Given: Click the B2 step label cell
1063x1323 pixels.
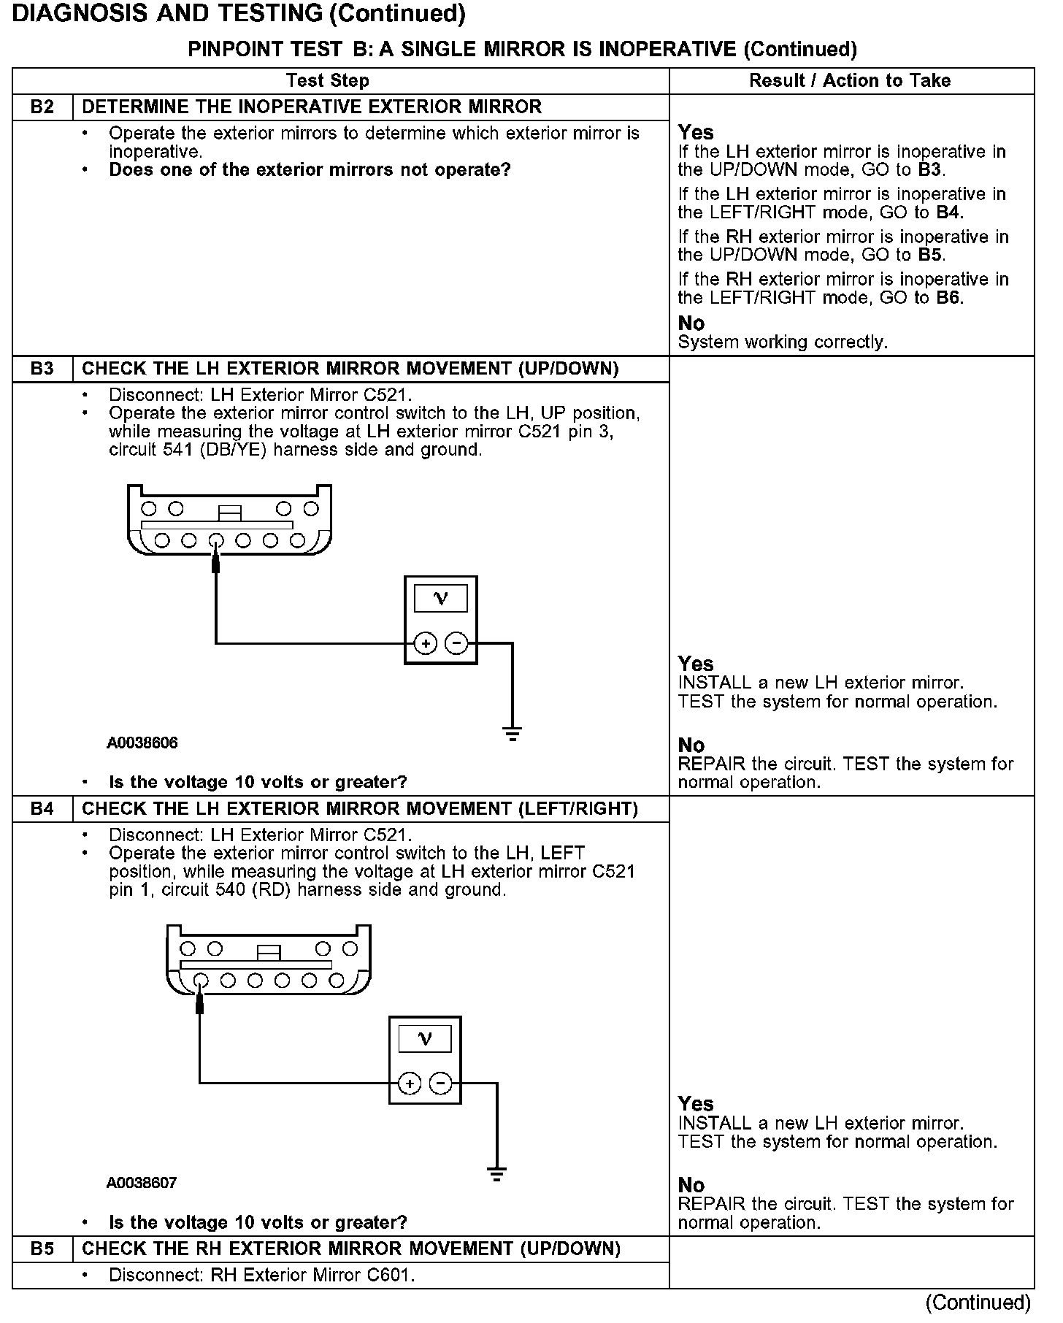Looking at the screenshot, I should (42, 107).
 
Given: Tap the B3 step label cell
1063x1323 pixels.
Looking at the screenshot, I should (42, 369).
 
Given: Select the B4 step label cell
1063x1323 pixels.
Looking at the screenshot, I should (42, 809).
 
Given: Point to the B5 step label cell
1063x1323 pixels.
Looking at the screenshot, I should (42, 1249).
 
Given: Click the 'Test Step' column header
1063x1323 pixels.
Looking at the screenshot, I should (328, 81).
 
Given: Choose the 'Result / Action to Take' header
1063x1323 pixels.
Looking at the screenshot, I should (850, 81).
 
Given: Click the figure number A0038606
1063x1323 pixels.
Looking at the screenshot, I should (142, 743).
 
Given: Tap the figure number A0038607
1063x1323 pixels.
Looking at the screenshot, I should (142, 1183).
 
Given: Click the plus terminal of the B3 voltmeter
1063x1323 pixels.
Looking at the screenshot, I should (425, 644).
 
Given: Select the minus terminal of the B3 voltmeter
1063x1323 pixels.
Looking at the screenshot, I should (456, 644).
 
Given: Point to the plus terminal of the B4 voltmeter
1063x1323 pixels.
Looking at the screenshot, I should (410, 1084).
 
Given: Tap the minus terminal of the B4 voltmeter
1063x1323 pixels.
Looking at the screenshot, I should (440, 1084).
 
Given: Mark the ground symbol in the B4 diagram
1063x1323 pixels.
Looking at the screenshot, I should (496, 1174).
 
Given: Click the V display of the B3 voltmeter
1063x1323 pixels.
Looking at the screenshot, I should (441, 599).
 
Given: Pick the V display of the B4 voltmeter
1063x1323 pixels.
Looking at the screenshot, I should (425, 1039).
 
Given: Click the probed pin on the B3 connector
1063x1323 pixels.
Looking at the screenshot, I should (216, 541).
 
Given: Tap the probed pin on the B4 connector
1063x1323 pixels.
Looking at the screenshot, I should (200, 981).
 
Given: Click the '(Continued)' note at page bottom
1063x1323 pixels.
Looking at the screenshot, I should (978, 1303).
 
